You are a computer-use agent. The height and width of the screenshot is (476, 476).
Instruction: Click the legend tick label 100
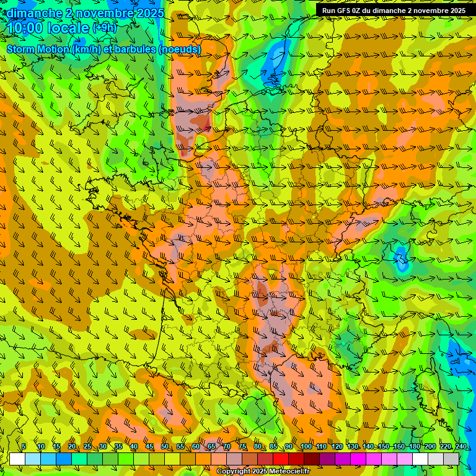tap(306, 447)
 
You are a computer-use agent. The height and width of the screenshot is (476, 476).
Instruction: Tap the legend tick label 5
tap(24, 447)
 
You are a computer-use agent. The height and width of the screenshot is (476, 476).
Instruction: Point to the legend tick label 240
tap(461, 447)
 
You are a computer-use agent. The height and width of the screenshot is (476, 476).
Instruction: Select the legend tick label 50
tap(165, 447)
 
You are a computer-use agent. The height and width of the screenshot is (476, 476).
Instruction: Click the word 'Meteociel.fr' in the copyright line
tap(288, 472)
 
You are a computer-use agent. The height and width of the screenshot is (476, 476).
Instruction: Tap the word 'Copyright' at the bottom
tap(233, 472)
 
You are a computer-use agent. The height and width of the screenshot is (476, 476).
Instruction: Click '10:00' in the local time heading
tap(25, 28)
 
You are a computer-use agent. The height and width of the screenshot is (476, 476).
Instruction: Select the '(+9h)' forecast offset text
tap(104, 28)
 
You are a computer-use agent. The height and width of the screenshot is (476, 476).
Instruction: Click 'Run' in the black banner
tap(328, 11)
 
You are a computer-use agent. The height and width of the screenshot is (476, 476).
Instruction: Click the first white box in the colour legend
tap(17, 459)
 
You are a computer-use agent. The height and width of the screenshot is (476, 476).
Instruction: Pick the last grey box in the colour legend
tap(451, 459)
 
